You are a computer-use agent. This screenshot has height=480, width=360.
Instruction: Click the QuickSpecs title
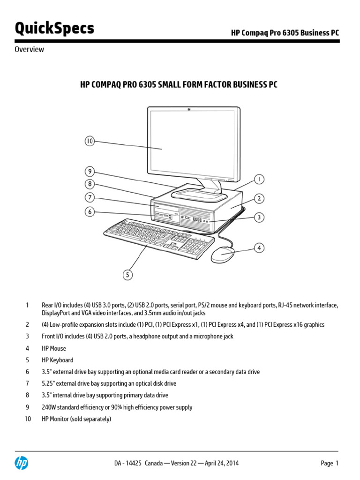(x=54, y=28)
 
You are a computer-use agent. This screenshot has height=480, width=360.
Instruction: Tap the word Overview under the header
(x=29, y=49)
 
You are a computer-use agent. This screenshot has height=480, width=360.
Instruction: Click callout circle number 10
(x=90, y=141)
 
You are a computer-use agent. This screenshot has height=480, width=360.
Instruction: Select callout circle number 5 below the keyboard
(x=127, y=275)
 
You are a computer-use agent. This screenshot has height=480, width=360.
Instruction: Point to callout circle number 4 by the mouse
(x=259, y=247)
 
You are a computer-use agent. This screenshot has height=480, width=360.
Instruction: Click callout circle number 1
(x=259, y=179)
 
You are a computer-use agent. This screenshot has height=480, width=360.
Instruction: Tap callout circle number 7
(x=90, y=197)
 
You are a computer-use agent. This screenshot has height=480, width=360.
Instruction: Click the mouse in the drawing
(x=223, y=255)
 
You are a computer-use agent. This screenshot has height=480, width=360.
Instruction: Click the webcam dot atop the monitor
(x=189, y=109)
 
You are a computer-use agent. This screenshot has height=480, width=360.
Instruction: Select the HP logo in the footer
(x=22, y=463)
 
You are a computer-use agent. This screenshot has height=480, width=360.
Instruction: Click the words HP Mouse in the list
(x=54, y=348)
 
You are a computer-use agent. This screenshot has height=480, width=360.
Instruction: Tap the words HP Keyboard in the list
(x=58, y=360)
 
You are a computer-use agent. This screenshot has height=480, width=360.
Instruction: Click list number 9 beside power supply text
(x=27, y=407)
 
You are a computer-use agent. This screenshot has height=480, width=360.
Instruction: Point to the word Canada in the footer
(x=154, y=463)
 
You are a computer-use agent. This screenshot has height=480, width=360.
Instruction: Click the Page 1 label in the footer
(x=330, y=463)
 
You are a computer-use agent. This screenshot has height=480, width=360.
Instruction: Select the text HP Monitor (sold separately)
(x=76, y=419)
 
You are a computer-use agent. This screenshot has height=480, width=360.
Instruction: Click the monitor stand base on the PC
(x=199, y=195)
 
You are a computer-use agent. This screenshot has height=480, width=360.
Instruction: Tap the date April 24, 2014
(x=222, y=463)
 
